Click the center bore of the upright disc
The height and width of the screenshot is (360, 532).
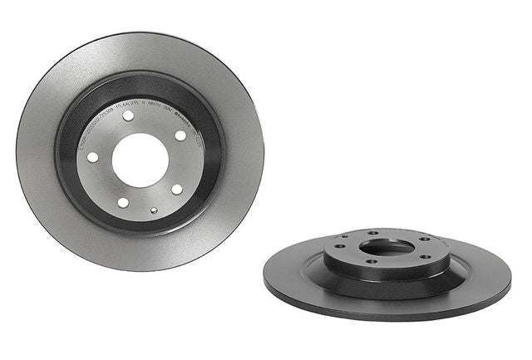[140, 160]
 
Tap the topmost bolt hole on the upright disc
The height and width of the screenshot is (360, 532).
[128, 116]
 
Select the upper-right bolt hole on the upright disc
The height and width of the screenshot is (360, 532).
[180, 136]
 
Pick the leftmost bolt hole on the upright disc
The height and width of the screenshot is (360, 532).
[93, 157]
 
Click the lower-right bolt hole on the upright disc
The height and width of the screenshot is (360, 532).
[177, 189]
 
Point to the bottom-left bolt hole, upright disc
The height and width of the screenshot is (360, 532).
[123, 203]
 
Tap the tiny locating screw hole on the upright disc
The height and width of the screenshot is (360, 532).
[154, 210]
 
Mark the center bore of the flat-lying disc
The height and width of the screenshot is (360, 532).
[387, 247]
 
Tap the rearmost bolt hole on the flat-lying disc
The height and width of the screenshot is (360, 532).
[373, 233]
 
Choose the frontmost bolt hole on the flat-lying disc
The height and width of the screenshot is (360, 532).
[372, 261]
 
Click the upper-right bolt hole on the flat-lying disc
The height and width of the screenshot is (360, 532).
[425, 239]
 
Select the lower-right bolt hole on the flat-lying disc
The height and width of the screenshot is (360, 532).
[426, 257]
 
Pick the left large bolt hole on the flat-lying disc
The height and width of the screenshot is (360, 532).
[340, 246]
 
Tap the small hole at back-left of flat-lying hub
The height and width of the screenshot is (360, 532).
[345, 236]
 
